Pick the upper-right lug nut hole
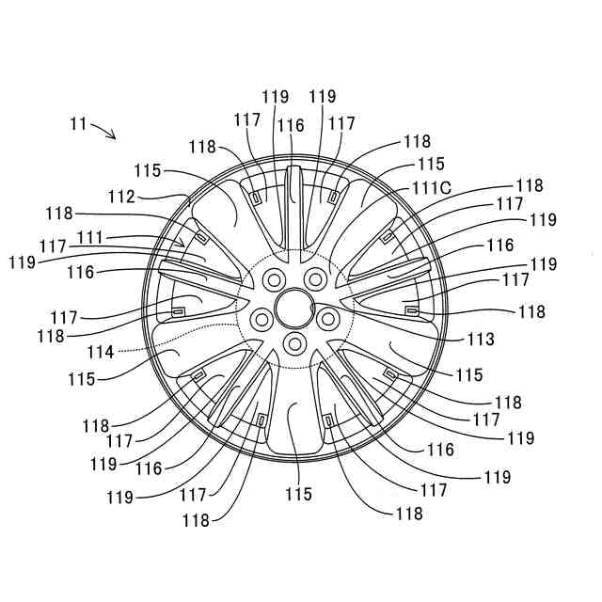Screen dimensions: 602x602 314,277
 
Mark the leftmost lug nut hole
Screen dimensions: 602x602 261,317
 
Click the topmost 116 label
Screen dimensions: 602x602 291,125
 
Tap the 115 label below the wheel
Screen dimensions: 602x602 297,494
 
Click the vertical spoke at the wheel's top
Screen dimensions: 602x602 293,202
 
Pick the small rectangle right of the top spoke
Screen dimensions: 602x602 334,197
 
